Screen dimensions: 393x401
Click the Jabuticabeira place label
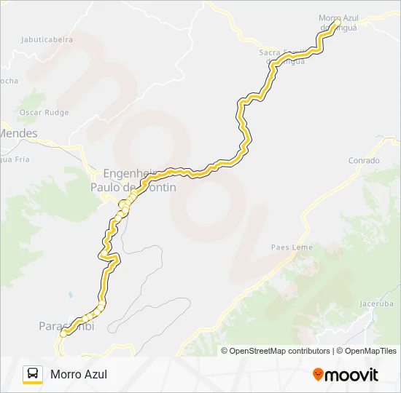(x=47, y=40)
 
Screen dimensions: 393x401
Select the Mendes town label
(x=18, y=133)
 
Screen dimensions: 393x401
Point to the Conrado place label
(x=364, y=160)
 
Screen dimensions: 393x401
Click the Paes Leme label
(x=292, y=247)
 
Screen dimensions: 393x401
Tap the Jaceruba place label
(x=376, y=303)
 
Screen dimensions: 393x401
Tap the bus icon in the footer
(x=33, y=374)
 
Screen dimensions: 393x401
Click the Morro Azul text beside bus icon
(x=79, y=374)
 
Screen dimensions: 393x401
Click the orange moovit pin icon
(x=318, y=375)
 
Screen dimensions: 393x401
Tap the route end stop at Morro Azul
(x=335, y=23)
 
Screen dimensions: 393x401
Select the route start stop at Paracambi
(x=63, y=333)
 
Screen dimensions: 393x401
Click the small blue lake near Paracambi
(x=70, y=295)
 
